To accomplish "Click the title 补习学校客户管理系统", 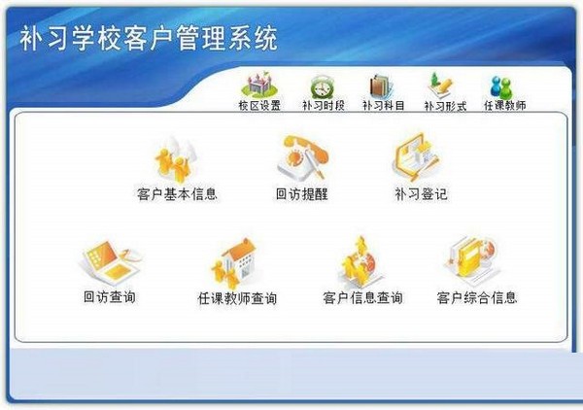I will coord(149,39).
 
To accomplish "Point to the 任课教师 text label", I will coord(504,105).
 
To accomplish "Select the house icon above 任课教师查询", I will coord(235,262).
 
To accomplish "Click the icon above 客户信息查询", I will coord(361,262).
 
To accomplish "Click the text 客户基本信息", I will coord(177,194).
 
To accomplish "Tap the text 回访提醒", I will coord(301,194).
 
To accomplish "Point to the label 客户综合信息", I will coord(476,297).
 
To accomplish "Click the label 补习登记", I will coord(421,194).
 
